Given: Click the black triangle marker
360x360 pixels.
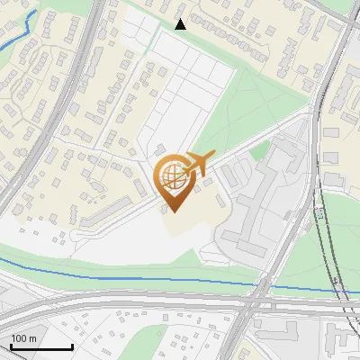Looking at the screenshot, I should click(x=180, y=24).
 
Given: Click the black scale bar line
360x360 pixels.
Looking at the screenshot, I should click(x=41, y=346).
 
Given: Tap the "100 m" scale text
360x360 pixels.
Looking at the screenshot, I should click(x=24, y=338).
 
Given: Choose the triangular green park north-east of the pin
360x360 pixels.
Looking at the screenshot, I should click(x=261, y=99).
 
